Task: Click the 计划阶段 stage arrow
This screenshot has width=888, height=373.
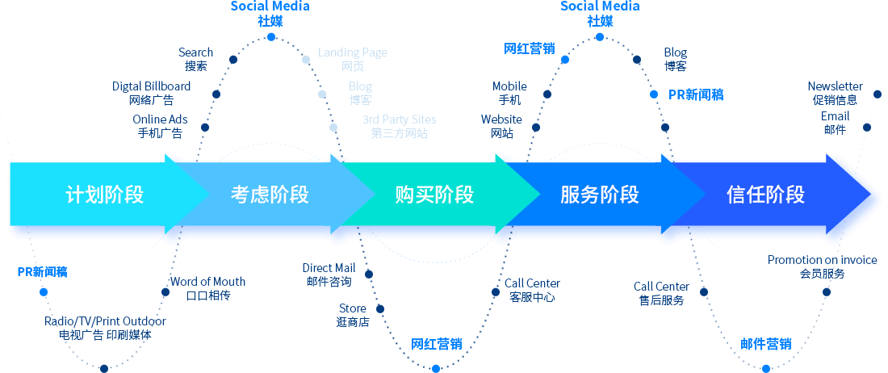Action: pos(104,195)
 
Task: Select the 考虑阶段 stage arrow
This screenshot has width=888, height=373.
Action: pos(270,195)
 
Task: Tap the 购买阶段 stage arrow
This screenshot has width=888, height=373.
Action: pos(434,195)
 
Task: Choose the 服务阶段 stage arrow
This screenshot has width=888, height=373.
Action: pos(599,195)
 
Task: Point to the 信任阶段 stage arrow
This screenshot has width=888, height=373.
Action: pos(765,195)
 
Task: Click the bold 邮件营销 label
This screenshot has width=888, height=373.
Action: pos(766,345)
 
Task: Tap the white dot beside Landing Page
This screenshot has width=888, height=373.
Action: pos(306,59)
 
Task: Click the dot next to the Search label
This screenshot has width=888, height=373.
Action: pos(232,59)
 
